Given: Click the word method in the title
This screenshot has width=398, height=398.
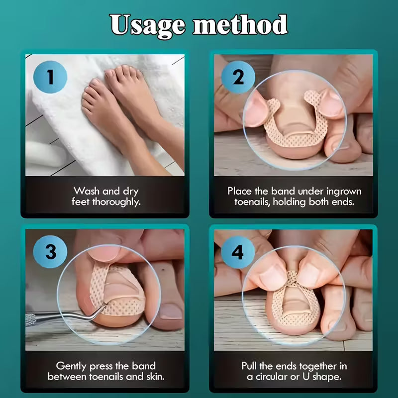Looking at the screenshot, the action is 240,24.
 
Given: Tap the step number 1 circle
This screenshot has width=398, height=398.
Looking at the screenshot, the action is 50,77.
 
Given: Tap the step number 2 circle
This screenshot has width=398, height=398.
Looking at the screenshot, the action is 238,78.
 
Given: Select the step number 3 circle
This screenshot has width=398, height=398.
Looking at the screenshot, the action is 50,252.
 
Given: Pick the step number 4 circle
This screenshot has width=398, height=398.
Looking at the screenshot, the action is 238,252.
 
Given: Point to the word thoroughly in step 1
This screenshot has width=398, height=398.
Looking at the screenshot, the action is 116,202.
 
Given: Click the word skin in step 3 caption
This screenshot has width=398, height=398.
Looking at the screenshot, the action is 155,377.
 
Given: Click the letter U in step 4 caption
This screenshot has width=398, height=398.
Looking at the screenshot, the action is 306,377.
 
